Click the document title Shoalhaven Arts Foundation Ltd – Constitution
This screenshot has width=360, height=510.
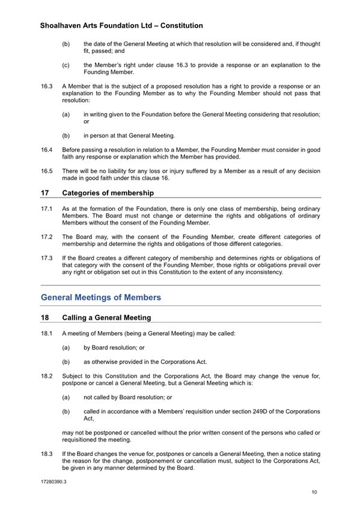[121, 26]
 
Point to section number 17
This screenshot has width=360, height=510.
[44, 193]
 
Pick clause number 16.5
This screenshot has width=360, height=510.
[46, 171]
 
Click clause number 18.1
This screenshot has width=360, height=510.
[46, 333]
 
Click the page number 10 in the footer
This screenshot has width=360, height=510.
[314, 493]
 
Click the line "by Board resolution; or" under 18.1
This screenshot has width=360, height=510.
[114, 348]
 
